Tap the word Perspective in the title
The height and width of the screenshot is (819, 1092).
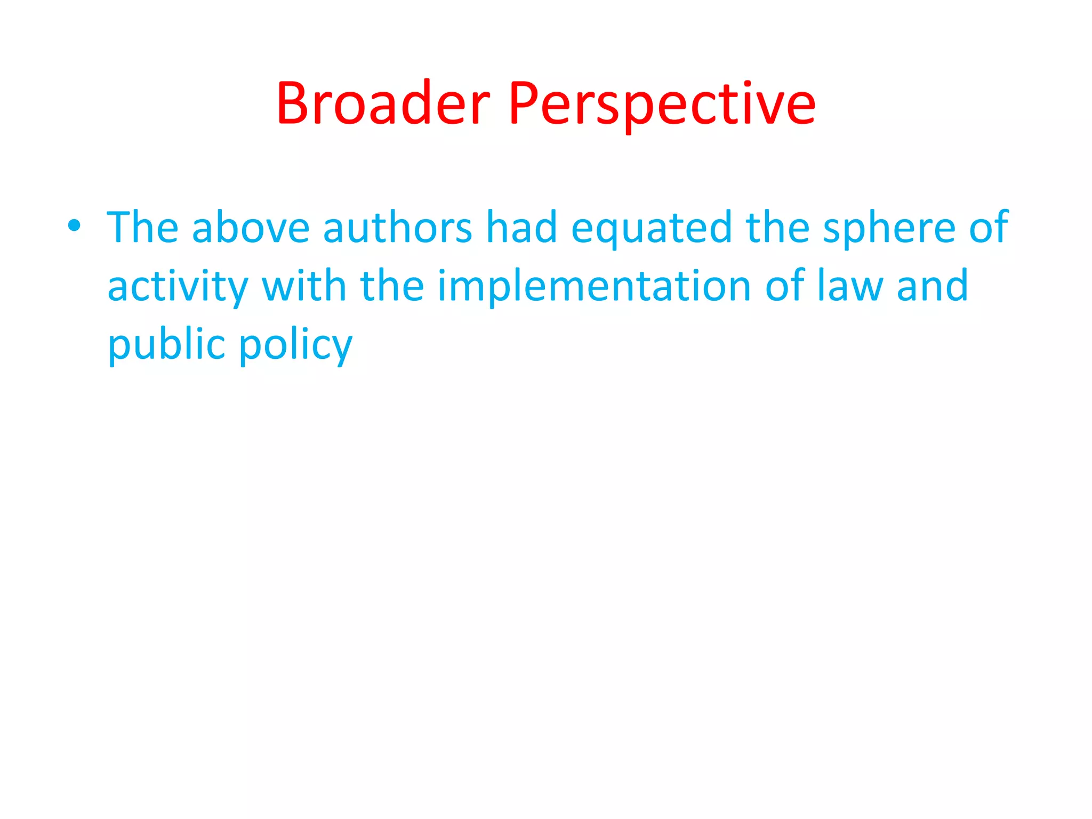click(662, 104)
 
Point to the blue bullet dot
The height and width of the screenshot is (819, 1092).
click(74, 226)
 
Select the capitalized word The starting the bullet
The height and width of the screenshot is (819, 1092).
click(142, 228)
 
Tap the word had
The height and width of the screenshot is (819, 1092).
click(521, 228)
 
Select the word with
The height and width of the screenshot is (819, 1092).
click(304, 286)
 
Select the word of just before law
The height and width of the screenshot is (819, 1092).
click(785, 286)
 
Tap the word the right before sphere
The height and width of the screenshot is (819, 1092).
click(777, 228)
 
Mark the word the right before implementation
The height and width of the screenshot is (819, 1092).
click(392, 286)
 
